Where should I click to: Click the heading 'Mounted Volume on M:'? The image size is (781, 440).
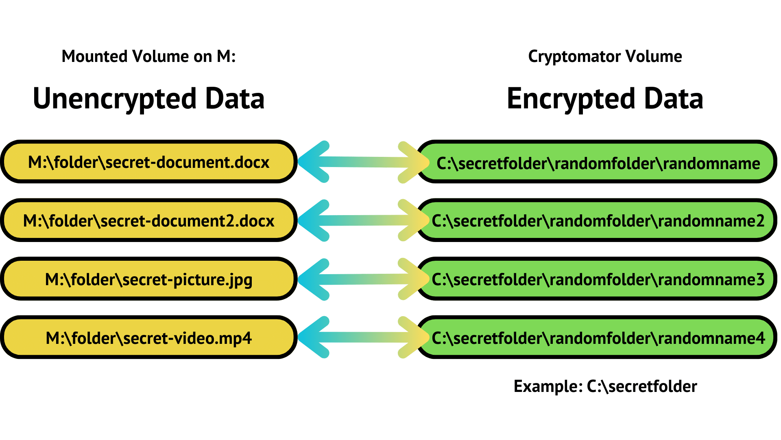coord(148,56)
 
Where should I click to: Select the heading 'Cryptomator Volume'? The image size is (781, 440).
coord(605,56)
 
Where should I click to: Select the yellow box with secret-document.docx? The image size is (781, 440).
coord(148,162)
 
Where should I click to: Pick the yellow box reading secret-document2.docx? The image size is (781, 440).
coord(148,220)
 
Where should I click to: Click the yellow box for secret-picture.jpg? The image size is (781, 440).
coord(148,279)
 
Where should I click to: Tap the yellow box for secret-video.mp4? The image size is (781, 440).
coord(148,338)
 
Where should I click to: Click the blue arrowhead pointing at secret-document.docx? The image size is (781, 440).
coord(313,162)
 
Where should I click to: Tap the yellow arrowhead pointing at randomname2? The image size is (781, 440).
coord(413,220)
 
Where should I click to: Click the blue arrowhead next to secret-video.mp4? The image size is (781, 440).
coord(313,337)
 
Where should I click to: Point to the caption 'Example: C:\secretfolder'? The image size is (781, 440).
coord(605,386)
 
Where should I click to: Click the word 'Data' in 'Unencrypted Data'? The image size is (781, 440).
coord(235,99)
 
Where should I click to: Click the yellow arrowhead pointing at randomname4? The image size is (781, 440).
coord(413,337)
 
